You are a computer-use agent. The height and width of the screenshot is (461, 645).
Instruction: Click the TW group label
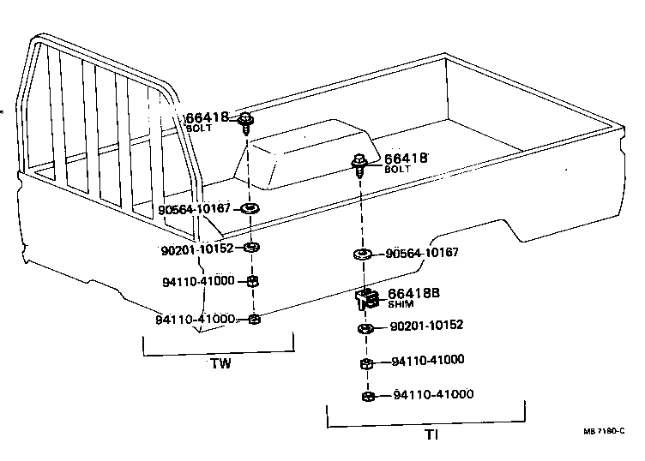[220, 363]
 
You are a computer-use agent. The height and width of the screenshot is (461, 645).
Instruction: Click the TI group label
[431, 434]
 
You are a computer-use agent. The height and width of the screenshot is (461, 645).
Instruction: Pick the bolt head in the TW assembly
[246, 119]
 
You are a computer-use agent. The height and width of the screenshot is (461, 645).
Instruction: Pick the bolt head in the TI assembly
[360, 160]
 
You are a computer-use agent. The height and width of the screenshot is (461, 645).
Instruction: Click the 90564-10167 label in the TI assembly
[422, 253]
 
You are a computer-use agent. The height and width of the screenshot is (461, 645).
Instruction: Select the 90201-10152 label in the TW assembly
[198, 248]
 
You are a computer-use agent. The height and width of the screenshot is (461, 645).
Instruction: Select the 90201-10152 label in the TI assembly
[426, 326]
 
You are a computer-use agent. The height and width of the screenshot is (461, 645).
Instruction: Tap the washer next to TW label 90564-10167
[251, 208]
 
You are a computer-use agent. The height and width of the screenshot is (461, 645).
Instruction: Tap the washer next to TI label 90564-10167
[362, 254]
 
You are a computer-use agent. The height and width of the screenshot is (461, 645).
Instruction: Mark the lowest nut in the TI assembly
[367, 396]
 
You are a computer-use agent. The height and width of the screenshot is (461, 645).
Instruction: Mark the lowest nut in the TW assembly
[254, 320]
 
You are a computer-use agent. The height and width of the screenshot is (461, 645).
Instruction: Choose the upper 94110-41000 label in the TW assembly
[198, 281]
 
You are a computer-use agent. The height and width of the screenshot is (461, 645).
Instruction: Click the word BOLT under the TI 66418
[398, 170]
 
